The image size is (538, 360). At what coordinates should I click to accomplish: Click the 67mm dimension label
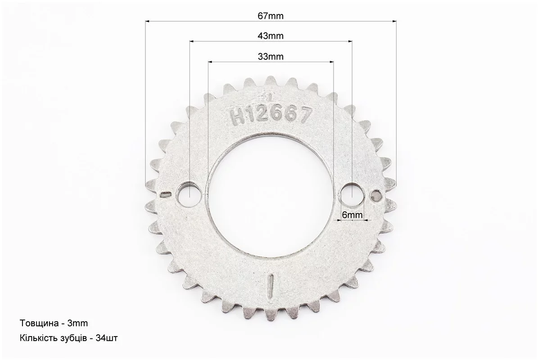click(271, 16)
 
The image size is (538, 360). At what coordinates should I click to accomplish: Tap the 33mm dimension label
click(271, 56)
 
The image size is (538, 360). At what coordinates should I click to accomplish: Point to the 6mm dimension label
click(353, 215)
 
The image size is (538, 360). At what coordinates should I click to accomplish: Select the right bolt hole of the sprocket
click(353, 195)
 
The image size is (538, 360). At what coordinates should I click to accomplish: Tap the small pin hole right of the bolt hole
click(376, 195)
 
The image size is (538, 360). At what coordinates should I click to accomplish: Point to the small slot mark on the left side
click(165, 194)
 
